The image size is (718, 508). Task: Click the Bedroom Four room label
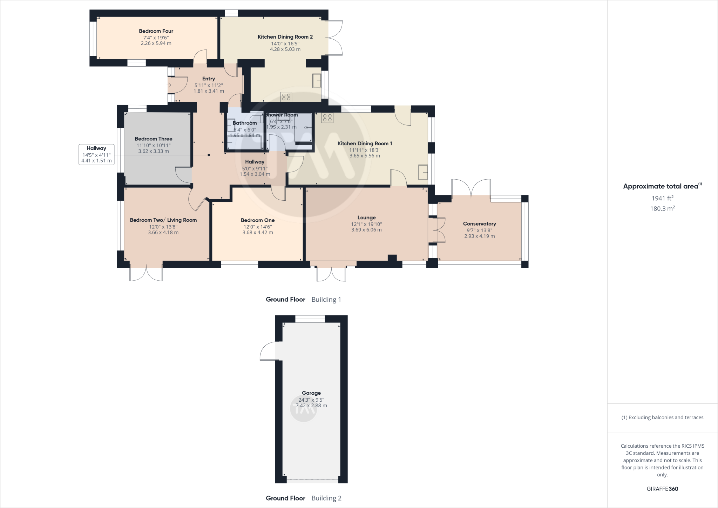(x=156, y=31)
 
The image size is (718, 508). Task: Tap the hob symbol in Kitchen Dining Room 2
(x=286, y=97)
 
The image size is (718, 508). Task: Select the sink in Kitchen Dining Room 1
(x=423, y=172)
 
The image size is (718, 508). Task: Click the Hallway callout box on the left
(x=96, y=154)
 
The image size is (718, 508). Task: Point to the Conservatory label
(x=479, y=224)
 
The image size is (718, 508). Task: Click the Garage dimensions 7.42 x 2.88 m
(x=311, y=406)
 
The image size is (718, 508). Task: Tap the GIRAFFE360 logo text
(x=662, y=489)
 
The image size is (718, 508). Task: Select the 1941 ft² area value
(x=662, y=198)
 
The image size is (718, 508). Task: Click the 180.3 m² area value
(x=662, y=208)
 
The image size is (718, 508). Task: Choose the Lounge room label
(x=366, y=218)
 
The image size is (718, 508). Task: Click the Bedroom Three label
(x=154, y=139)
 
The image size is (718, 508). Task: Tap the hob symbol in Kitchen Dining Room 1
(x=327, y=118)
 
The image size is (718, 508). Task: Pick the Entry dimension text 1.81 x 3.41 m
(x=209, y=91)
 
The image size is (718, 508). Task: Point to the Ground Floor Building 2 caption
(x=303, y=498)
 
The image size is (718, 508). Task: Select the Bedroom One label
(x=258, y=220)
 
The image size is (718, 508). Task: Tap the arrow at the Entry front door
(x=169, y=85)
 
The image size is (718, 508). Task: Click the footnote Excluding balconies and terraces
(x=662, y=417)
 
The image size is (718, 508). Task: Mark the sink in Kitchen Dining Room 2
(x=317, y=81)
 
